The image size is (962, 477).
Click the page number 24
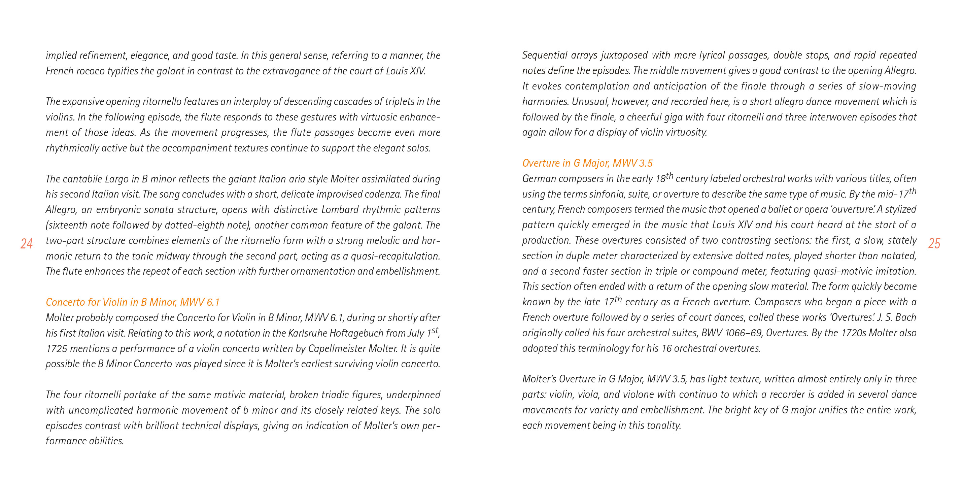click(x=27, y=244)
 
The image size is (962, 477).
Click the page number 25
click(x=934, y=244)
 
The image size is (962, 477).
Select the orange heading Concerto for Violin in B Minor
click(x=133, y=302)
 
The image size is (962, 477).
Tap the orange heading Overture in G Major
click(x=587, y=163)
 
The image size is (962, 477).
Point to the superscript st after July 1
click(x=434, y=330)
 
